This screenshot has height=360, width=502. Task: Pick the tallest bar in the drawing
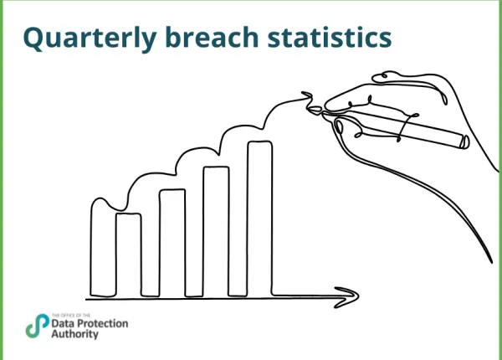259,218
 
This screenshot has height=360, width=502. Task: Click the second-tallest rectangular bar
216,230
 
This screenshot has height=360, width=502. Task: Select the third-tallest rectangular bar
172,242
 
